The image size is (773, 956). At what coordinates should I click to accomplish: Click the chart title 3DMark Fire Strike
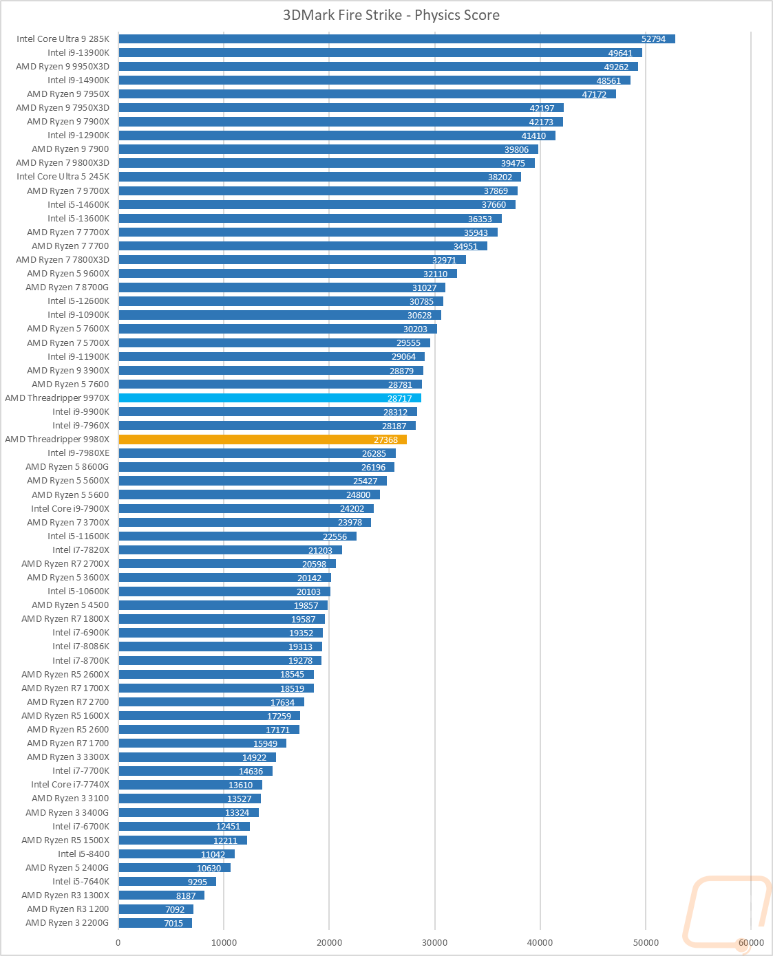point(391,15)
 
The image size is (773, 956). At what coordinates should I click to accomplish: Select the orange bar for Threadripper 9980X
point(262,439)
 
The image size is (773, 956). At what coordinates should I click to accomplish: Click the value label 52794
point(653,39)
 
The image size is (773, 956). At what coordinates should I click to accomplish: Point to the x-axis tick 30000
point(434,942)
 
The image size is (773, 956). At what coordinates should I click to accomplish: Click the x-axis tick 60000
point(751,942)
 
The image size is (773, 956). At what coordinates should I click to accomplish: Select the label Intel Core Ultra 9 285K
point(63,39)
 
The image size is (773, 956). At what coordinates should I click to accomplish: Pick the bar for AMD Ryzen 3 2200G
point(155,923)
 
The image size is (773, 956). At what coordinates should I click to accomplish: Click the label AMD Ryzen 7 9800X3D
point(63,163)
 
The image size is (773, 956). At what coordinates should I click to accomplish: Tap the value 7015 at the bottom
point(173,923)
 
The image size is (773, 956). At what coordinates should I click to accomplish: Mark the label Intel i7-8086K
point(81,647)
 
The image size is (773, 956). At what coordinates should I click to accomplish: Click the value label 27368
point(385,440)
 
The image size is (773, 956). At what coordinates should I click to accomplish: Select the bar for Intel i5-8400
point(176,854)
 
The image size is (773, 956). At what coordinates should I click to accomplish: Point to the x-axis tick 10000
point(224,942)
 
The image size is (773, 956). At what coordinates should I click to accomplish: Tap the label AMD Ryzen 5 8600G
point(67,467)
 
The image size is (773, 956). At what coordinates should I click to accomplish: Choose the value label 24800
point(358,495)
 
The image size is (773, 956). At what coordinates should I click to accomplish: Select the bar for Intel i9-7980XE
point(257,453)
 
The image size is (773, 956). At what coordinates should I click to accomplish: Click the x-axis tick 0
point(118,942)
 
